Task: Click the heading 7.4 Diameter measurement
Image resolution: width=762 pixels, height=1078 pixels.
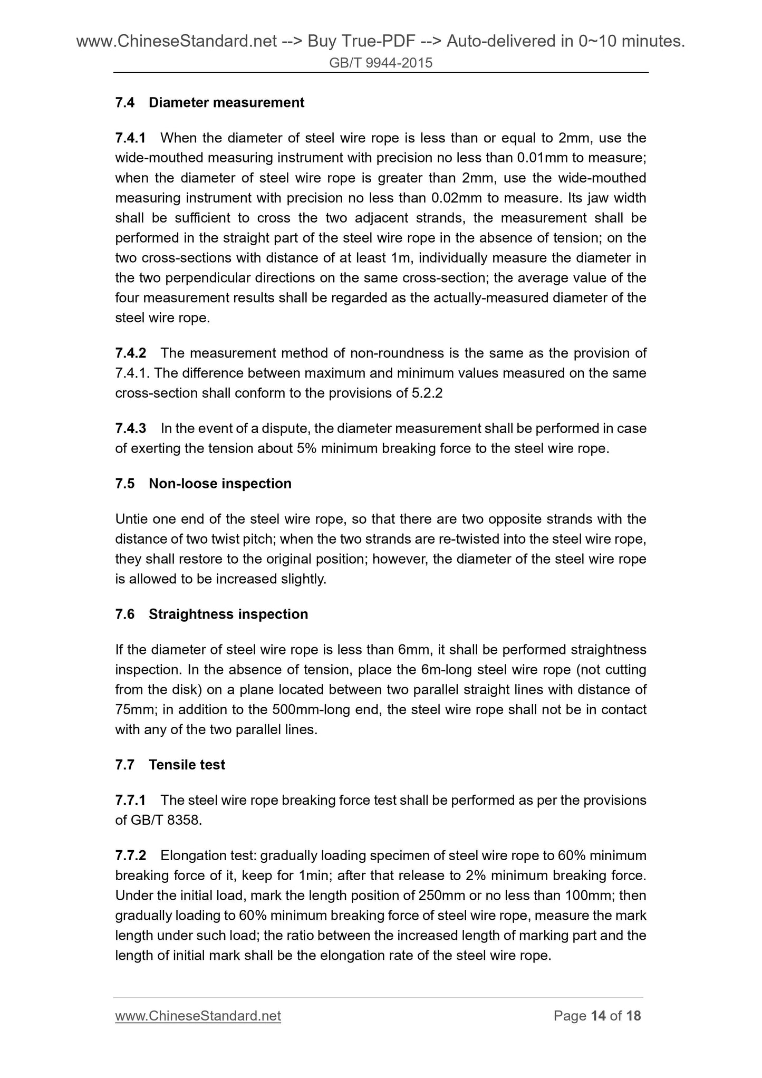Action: pos(209,102)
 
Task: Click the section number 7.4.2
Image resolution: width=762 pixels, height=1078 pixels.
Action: pos(130,353)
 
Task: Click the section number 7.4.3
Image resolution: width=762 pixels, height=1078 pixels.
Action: pos(130,429)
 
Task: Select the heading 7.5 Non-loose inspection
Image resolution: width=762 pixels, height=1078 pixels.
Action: pos(203,484)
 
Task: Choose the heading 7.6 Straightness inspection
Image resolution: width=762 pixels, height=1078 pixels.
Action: pos(211,614)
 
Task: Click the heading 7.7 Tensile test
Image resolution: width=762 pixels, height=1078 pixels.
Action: pos(170,765)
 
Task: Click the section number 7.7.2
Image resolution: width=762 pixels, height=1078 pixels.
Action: pos(130,855)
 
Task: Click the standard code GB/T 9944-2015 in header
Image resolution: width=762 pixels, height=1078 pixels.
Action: pos(381,63)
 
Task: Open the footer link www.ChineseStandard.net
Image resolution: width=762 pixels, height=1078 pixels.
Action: pos(198,1016)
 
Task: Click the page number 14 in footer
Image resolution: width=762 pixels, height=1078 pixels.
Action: pos(598,1016)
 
